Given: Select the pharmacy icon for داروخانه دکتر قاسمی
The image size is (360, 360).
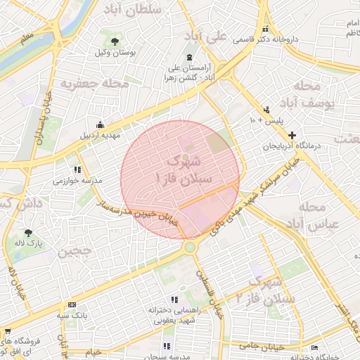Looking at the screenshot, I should pos(266,30).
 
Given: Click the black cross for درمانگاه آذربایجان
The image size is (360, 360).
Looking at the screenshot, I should pos(292,135).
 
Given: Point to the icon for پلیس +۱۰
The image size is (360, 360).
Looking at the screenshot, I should pos(266,110).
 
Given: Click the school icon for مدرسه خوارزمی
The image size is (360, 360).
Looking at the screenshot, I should pos(77,169).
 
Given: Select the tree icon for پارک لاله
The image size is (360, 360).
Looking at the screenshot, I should pos(29,233).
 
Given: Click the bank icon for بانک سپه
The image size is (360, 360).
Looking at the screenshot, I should pos(72,304).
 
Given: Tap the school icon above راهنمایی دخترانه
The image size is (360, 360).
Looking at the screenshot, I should pos(174,299).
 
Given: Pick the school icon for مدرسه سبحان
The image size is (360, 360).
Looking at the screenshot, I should pos(167,346).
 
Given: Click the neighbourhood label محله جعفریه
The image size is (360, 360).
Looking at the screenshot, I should pos(96,84).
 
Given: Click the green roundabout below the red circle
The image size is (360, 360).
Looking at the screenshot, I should pos(190,247).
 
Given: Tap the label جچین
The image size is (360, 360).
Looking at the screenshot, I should pos(75,250).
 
